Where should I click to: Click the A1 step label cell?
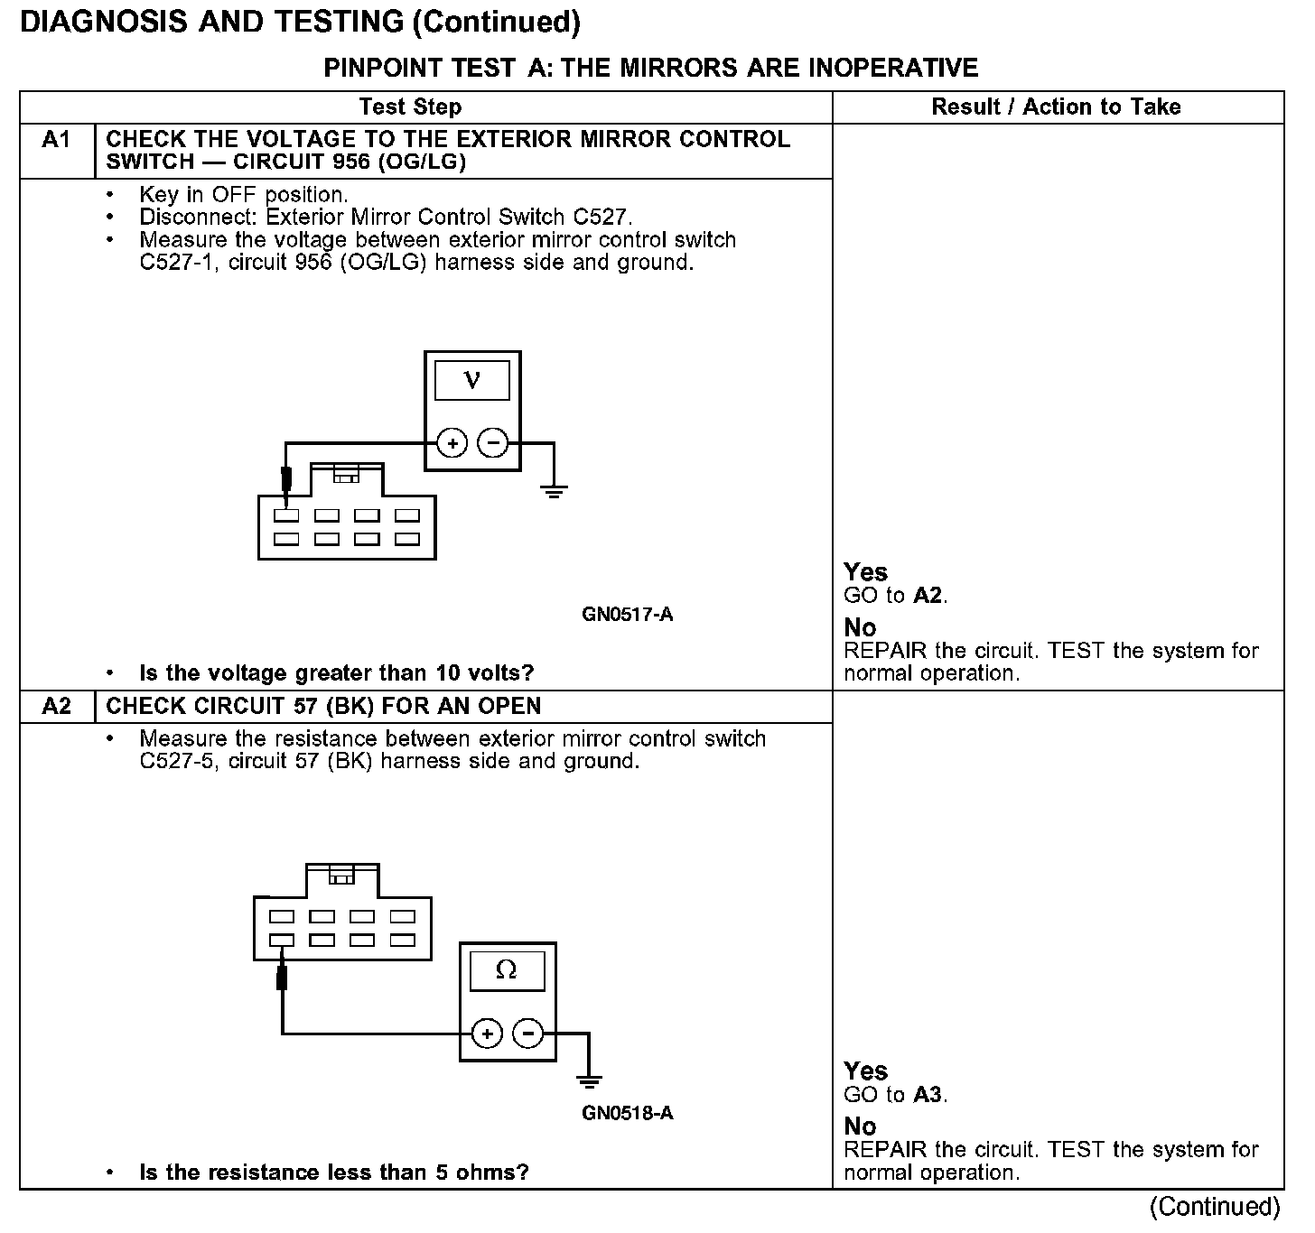[56, 141]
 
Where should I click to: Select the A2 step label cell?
[56, 707]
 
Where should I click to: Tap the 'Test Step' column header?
[410, 107]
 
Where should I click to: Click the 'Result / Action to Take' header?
[1056, 107]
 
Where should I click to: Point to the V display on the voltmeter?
[472, 381]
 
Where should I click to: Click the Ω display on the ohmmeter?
[507, 971]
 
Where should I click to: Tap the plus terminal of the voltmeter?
[452, 443]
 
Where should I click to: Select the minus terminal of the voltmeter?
[493, 443]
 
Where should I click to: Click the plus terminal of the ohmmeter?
[487, 1033]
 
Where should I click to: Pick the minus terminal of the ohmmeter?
[528, 1033]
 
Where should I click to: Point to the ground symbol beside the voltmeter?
[554, 492]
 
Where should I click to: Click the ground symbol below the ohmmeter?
[589, 1080]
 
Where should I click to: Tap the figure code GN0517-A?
[628, 616]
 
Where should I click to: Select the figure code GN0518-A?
[628, 1113]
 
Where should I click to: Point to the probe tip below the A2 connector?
[282, 977]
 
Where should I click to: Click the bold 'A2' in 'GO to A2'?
[928, 596]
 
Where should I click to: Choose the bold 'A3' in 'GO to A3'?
[928, 1095]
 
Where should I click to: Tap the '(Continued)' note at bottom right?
[1215, 1207]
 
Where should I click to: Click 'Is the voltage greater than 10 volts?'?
[336, 673]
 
